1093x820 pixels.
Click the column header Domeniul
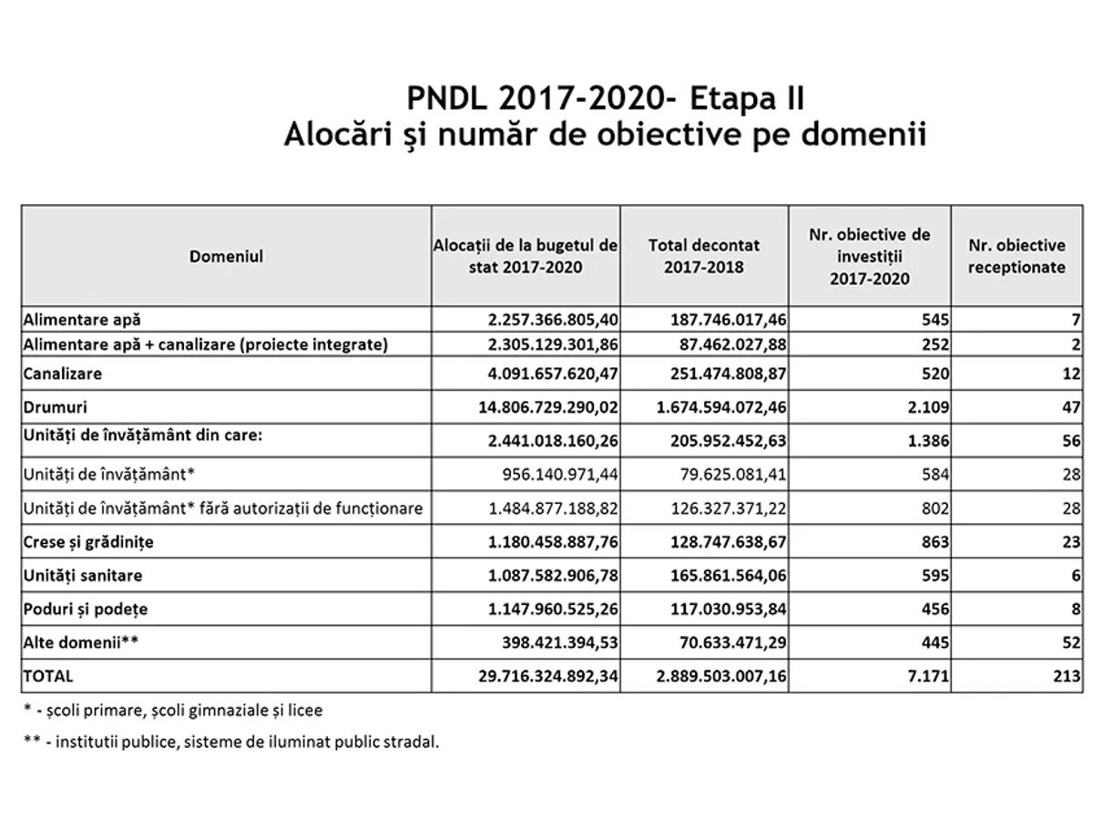coord(226,256)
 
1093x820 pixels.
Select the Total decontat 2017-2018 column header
coord(703,256)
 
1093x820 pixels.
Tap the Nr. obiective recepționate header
coord(1016,256)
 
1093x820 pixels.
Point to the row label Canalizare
coord(63,374)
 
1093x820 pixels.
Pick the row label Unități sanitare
coord(83,576)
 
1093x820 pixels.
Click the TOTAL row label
coord(48,677)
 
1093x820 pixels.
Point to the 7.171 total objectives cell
coord(927,677)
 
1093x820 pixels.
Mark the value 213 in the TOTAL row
coord(1068,677)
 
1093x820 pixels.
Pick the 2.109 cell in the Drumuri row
coord(927,406)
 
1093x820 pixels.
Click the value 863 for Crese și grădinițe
coord(934,542)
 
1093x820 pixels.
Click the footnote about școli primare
coord(173,709)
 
